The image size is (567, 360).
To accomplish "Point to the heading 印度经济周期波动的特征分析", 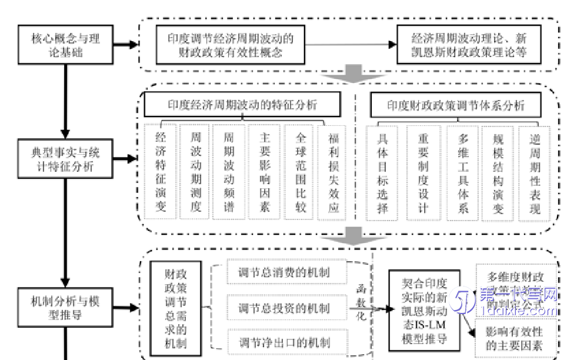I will coord(243,105).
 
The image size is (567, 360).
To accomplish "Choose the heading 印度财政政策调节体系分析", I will coord(456,106).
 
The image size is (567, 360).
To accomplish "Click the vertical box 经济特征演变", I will coord(161,171).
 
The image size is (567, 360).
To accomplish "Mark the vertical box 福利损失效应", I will coord(333,171).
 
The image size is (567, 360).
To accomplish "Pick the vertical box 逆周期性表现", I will coord(534,173).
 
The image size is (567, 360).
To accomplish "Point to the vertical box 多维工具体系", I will coord(462,173).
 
